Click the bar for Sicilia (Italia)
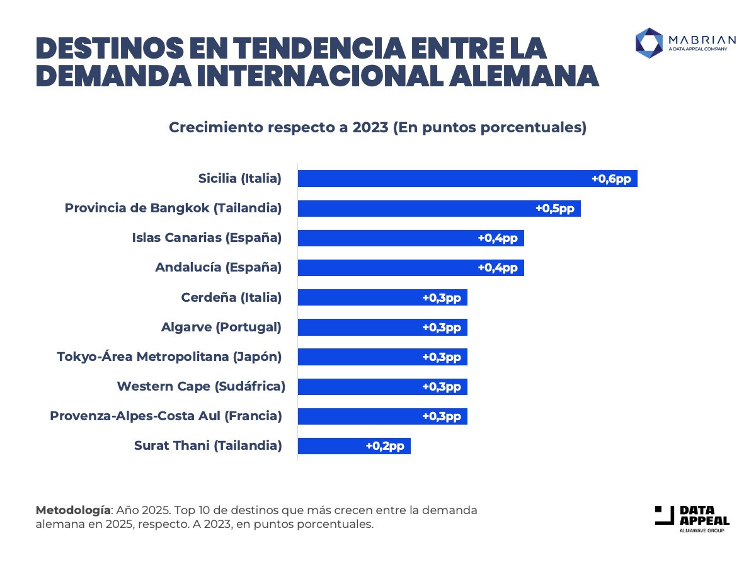[441, 178]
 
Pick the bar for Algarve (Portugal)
[359, 328]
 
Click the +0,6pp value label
[611, 179]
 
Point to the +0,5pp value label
[555, 209]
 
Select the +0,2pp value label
[385, 446]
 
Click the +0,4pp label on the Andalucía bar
[498, 268]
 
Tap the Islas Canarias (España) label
[207, 238]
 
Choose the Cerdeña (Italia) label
[231, 297]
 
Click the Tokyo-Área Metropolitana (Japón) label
[169, 357]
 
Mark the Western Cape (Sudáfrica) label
[201, 386]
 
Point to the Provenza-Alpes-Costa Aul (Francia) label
[166, 416]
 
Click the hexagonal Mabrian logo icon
[648, 43]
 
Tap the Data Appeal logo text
[704, 516]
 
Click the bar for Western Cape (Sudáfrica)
[359, 387]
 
